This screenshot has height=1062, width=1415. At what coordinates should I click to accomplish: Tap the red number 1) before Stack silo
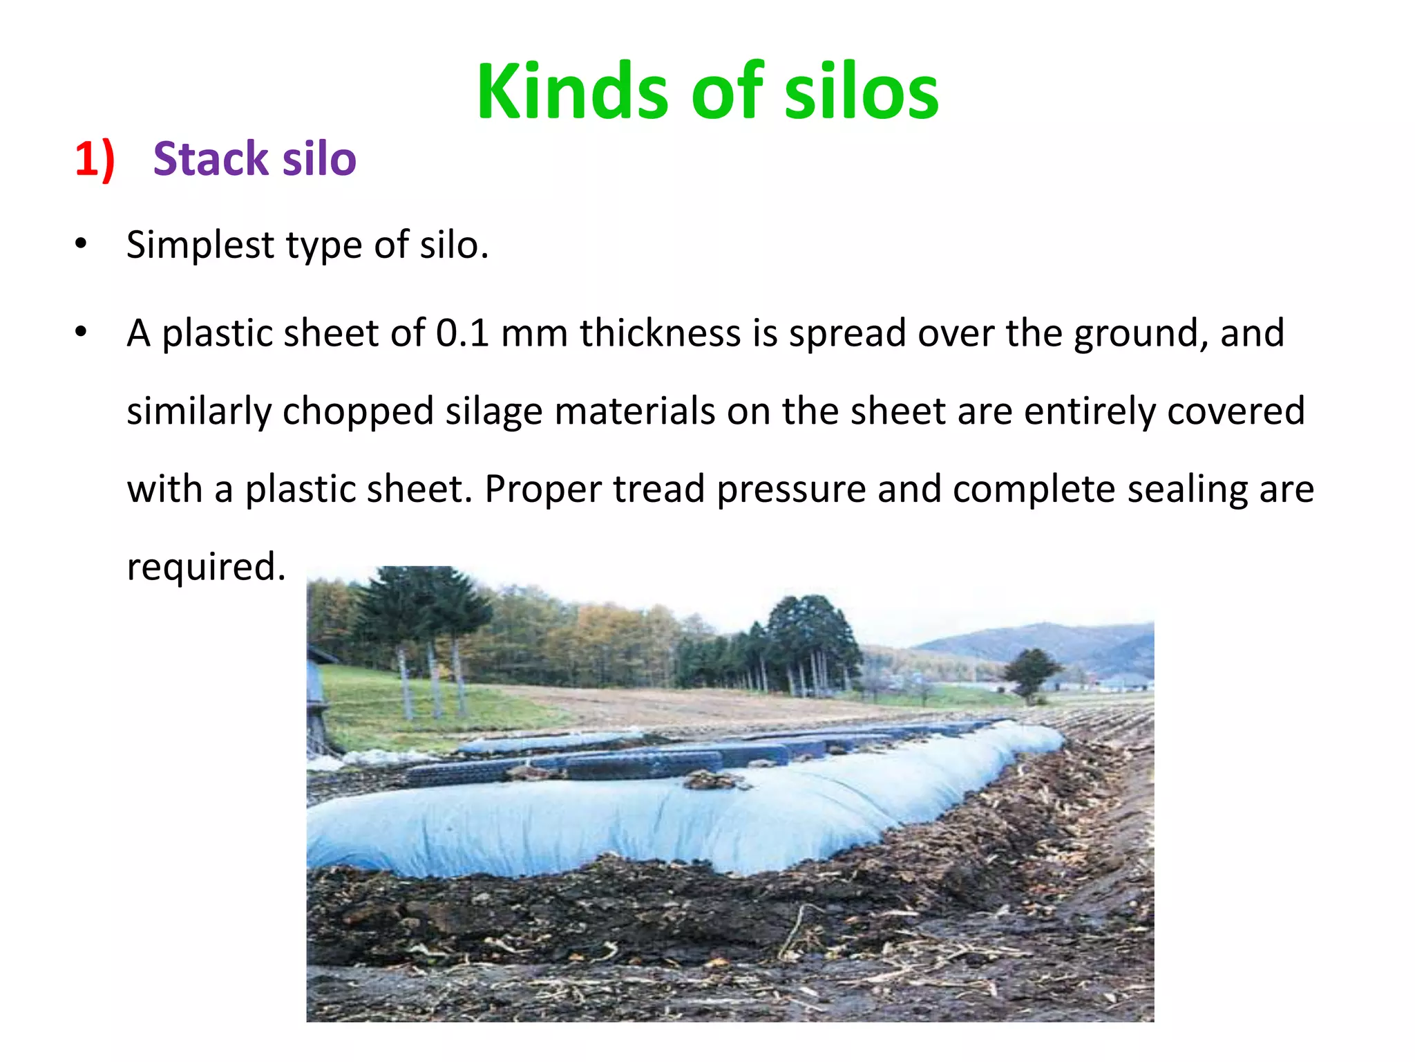tap(95, 160)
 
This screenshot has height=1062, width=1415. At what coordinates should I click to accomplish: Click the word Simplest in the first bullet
tap(200, 245)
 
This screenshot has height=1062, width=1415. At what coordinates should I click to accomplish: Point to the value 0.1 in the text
tap(462, 333)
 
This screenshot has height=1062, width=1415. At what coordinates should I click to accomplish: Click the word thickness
tap(660, 333)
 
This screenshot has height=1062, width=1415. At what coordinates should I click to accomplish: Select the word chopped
tap(358, 412)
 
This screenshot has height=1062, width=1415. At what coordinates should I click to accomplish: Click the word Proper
tap(542, 490)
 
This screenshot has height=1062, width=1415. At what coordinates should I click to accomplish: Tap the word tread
tap(658, 490)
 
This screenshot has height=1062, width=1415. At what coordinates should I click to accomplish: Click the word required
tap(206, 567)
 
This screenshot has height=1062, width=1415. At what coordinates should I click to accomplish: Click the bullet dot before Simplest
tap(82, 244)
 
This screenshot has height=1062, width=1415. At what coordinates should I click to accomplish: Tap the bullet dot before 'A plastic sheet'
tap(82, 332)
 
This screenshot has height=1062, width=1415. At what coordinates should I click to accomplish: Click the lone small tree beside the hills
tap(1031, 671)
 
